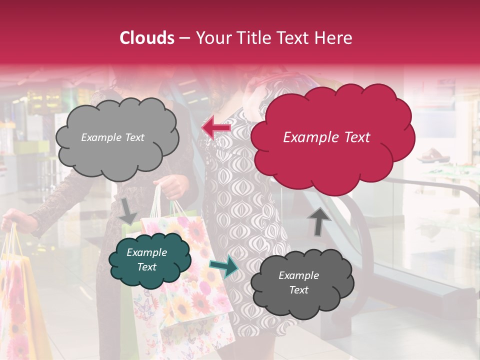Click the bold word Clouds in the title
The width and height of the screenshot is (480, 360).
pos(147,38)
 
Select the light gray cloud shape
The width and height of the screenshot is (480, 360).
pos(116,137)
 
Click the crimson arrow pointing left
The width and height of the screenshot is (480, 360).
pos(216,128)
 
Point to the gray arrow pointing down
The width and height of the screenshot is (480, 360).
pos(128,209)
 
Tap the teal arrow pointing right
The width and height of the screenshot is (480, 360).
pos(224,266)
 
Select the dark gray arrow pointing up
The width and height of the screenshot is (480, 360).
pos(318,221)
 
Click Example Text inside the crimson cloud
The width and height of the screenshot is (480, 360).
pos(326,137)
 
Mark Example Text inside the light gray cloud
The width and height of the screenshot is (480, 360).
pos(112,137)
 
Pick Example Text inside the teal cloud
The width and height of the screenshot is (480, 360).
pos(146,260)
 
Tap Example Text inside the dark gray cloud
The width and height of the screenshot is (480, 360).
pos(298,283)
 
